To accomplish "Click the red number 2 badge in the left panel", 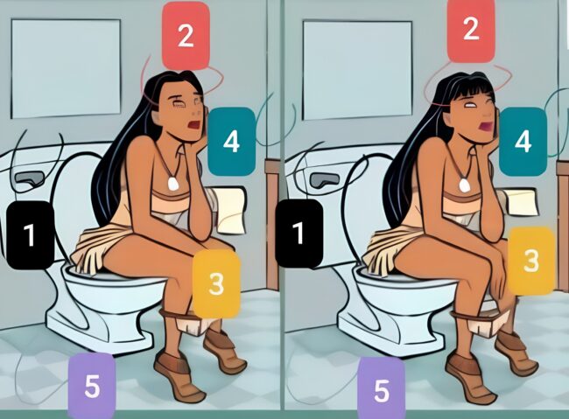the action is (186, 36).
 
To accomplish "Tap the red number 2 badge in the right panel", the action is (471, 29).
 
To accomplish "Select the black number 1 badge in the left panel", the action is (31, 235).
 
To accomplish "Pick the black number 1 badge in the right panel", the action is (299, 234).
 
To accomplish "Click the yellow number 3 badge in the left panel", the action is (216, 283).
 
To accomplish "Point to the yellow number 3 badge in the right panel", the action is (531, 261).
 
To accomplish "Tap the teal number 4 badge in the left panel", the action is (231, 142).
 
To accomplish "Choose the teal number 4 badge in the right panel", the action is (523, 142).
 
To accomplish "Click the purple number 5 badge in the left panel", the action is (92, 386).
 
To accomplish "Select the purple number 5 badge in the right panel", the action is (382, 389).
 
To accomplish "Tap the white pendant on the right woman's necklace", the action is (463, 185).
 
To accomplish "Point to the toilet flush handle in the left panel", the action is (28, 178).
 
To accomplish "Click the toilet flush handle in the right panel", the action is (324, 179).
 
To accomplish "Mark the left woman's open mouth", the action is (194, 125).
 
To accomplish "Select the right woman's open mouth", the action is (485, 127).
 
